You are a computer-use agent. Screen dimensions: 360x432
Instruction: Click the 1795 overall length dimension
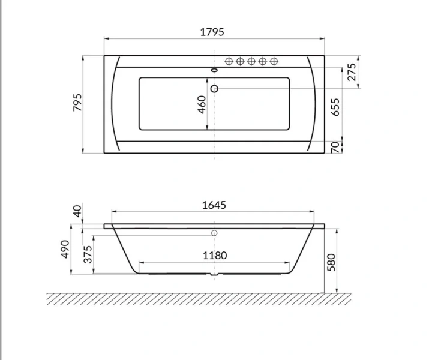pyautogui.click(x=214, y=32)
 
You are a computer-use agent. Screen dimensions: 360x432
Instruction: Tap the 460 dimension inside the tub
pyautogui.click(x=202, y=105)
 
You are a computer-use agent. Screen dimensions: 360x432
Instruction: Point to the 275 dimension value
pyautogui.click(x=352, y=71)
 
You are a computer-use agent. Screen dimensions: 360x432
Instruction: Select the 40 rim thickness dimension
pyautogui.click(x=77, y=211)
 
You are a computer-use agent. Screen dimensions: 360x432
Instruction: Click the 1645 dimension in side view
pyautogui.click(x=214, y=205)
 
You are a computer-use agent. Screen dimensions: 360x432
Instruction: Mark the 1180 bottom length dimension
pyautogui.click(x=214, y=256)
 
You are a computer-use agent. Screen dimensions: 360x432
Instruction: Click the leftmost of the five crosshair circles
pyautogui.click(x=228, y=61)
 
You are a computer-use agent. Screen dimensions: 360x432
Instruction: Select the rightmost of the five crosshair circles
pyautogui.click(x=274, y=61)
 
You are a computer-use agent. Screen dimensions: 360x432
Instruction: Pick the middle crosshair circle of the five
pyautogui.click(x=251, y=61)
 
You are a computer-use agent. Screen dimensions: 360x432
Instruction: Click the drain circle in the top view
pyautogui.click(x=214, y=89)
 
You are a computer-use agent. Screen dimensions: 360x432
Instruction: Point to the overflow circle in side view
pyautogui.click(x=214, y=233)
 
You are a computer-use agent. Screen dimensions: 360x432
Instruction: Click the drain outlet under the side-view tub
pyautogui.click(x=214, y=277)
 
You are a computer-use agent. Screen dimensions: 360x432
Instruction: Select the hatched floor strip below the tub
pyautogui.click(x=198, y=298)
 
